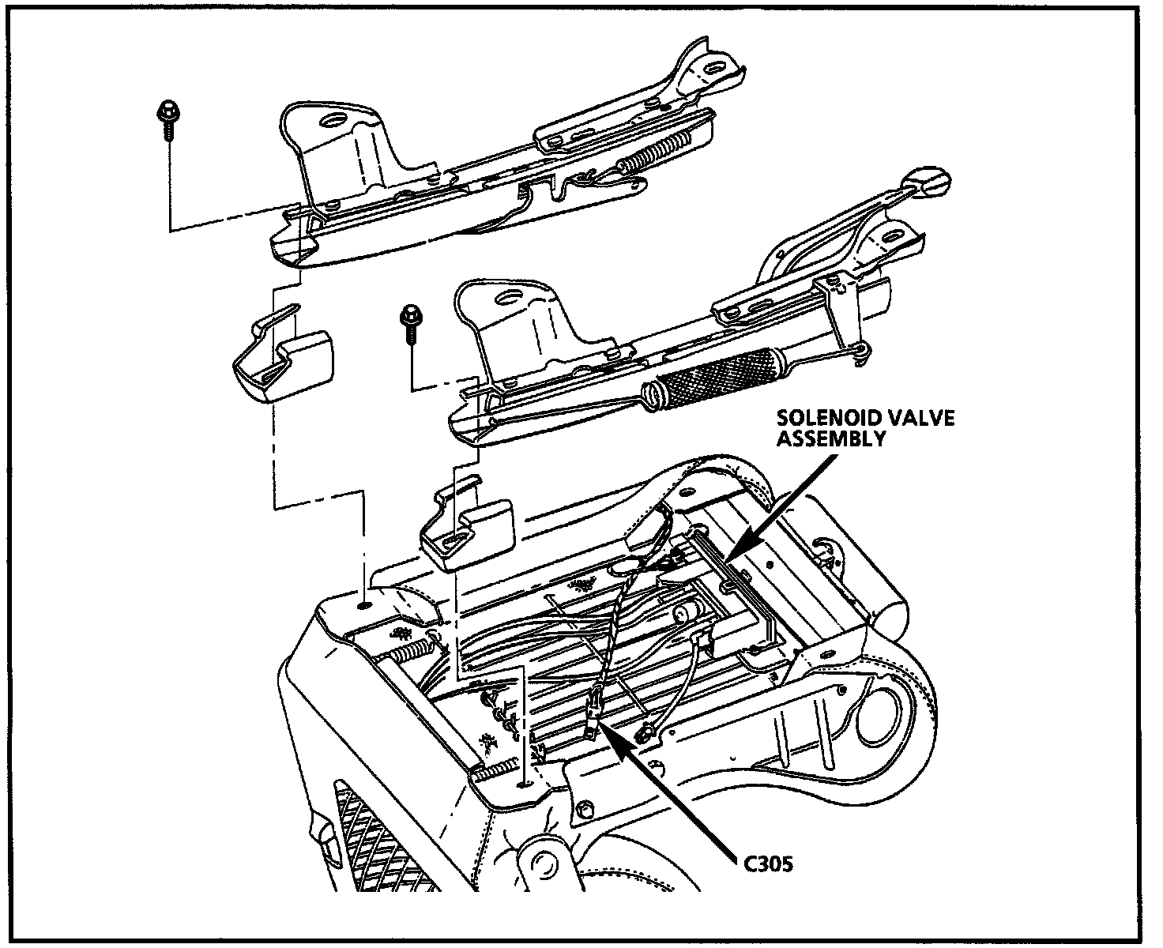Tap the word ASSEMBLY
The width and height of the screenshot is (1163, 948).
[830, 438]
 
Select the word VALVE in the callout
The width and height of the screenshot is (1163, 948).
[916, 418]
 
